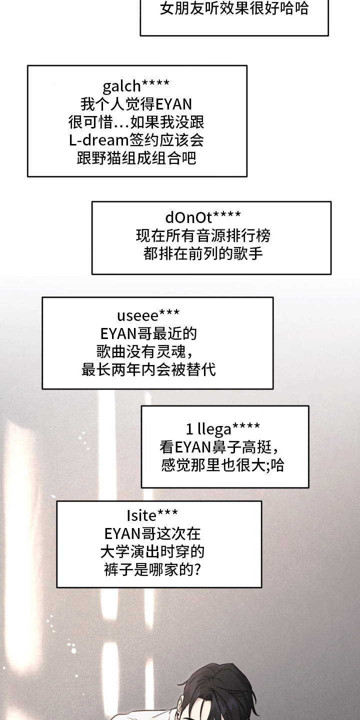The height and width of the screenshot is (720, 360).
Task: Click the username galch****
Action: click(136, 86)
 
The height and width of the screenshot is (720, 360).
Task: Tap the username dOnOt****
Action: click(203, 217)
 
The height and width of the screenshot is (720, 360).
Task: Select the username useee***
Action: click(148, 315)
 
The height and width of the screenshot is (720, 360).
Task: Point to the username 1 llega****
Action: click(223, 428)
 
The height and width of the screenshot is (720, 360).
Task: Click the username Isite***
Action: click(152, 515)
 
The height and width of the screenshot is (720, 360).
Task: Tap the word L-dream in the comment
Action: click(98, 140)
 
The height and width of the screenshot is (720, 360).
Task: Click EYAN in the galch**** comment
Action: click(174, 104)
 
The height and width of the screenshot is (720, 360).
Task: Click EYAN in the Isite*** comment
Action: click(123, 534)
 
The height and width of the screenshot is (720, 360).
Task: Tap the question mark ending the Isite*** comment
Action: click(197, 570)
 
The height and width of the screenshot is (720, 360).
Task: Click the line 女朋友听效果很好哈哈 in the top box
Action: click(234, 8)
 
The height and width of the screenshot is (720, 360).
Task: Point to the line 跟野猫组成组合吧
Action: click(136, 158)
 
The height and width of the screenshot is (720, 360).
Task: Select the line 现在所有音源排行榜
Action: click(203, 236)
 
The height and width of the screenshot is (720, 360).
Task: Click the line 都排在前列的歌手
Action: click(203, 254)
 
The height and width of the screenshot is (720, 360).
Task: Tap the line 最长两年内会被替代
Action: click(148, 369)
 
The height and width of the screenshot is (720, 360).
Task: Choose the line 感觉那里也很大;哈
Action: click(223, 465)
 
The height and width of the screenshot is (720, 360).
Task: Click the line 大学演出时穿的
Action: click(152, 552)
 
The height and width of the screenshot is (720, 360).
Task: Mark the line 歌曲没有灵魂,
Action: click(145, 351)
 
